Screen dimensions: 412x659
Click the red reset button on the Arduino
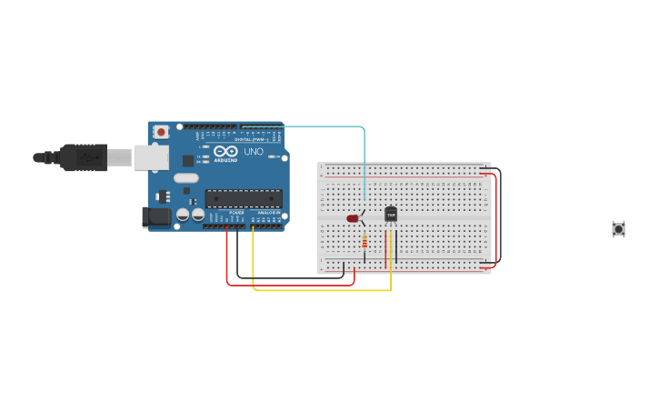pyautogui.click(x=161, y=132)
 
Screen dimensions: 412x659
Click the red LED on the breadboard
pyautogui.click(x=353, y=218)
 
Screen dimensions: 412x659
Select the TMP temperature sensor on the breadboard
pyautogui.click(x=391, y=214)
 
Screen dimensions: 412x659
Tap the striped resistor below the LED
pyautogui.click(x=364, y=241)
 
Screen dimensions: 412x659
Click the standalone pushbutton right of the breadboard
pyautogui.click(x=618, y=229)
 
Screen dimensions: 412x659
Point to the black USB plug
pyautogui.click(x=82, y=157)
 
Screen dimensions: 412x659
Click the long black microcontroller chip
pyautogui.click(x=243, y=198)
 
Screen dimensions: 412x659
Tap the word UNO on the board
pyautogui.click(x=254, y=152)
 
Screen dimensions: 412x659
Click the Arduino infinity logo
pyautogui.click(x=225, y=151)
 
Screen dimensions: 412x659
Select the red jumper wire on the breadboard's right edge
pyautogui.click(x=495, y=218)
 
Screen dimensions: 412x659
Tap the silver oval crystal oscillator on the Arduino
pyautogui.click(x=185, y=178)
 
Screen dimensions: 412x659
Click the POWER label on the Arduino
pyautogui.click(x=235, y=213)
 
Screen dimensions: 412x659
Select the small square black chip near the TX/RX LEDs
pyautogui.click(x=188, y=160)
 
